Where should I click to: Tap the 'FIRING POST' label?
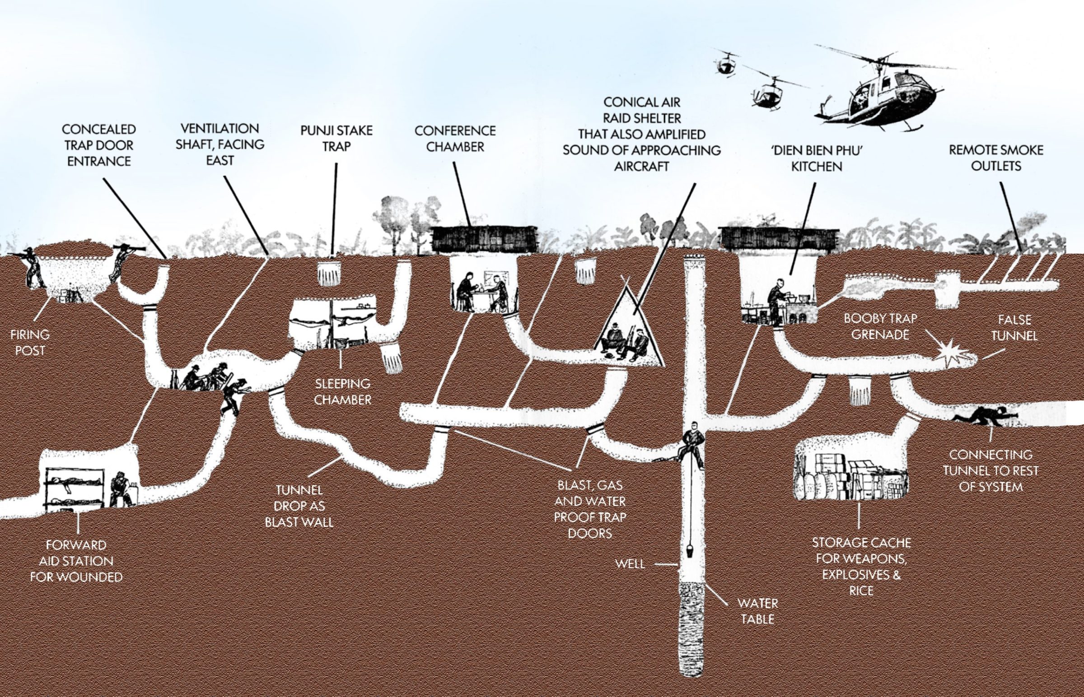coord(30,343)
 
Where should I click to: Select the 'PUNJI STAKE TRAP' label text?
coord(336,139)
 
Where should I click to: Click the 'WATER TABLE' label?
coord(757,611)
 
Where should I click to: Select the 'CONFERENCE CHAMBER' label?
coord(455,139)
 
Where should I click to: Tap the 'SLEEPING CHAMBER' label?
coord(342,392)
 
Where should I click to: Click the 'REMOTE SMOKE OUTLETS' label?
coord(996,158)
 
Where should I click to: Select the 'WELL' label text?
coord(630,564)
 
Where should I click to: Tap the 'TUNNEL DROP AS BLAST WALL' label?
coord(299,506)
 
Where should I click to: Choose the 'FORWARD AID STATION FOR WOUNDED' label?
coord(76,561)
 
